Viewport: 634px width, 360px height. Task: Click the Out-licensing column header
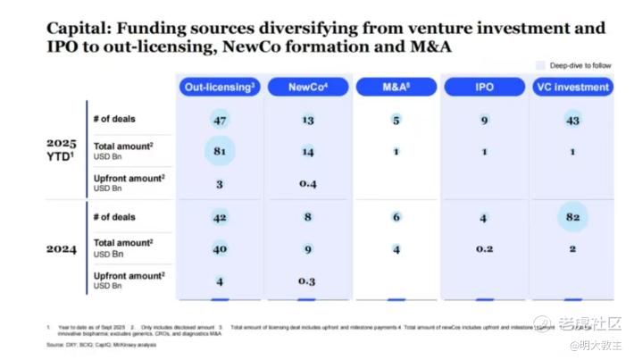221,88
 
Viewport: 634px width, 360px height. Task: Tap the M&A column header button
396,88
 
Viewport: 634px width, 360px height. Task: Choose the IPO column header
483,88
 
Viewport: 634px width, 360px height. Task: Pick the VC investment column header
572,88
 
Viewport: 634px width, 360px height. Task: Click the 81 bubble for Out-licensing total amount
220,151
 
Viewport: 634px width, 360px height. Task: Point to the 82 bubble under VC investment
572,217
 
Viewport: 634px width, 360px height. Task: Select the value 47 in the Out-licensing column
220,119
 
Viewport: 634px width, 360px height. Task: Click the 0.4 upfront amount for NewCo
308,184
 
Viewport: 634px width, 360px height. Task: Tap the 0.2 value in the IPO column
484,249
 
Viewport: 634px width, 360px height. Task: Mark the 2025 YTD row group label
62,149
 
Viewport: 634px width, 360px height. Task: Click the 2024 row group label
62,249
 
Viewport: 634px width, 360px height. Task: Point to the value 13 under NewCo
308,119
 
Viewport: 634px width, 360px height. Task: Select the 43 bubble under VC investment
572,119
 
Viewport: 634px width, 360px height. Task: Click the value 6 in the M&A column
396,217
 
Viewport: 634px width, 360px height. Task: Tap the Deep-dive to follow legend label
581,65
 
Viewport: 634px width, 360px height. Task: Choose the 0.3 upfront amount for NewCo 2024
308,281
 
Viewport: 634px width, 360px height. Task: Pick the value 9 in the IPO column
484,119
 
